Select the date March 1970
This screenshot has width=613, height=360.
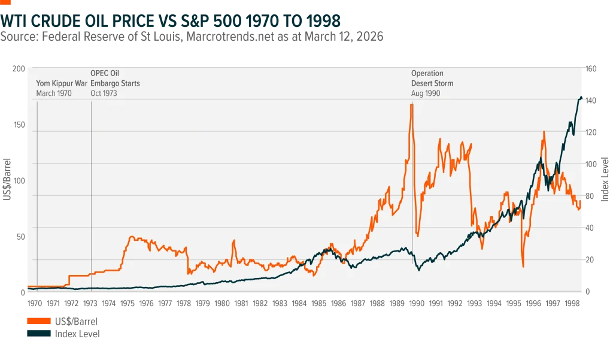pyautogui.click(x=54, y=93)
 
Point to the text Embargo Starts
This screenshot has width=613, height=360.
pyautogui.click(x=115, y=83)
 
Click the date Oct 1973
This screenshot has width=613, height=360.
pyautogui.click(x=104, y=93)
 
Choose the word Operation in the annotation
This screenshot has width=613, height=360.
pyautogui.click(x=427, y=73)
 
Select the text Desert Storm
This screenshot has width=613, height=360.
pyautogui.click(x=432, y=83)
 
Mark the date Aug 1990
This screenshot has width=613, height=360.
pyautogui.click(x=426, y=93)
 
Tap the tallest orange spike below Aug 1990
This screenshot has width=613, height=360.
pyautogui.click(x=411, y=105)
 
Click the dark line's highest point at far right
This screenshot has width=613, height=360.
pyautogui.click(x=582, y=97)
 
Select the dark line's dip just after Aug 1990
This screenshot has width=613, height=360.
pyautogui.click(x=419, y=270)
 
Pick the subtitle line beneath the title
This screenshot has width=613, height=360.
pyautogui.click(x=190, y=37)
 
